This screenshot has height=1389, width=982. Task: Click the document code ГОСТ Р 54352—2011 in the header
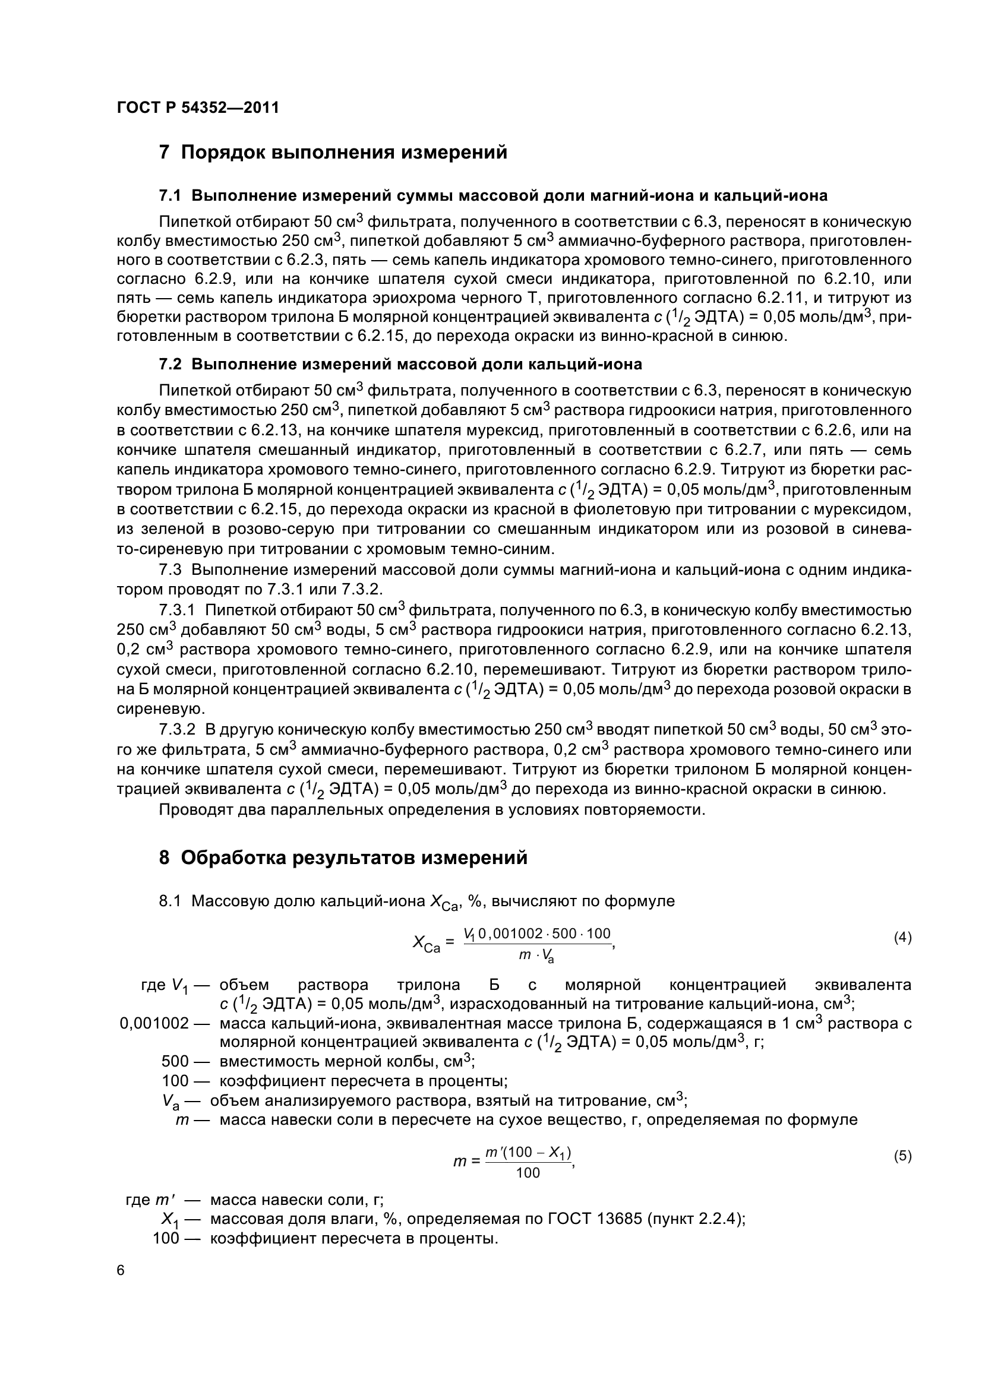click(198, 108)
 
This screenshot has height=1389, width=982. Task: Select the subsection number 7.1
click(170, 196)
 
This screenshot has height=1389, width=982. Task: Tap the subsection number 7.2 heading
click(170, 365)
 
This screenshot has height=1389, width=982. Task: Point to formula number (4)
click(902, 938)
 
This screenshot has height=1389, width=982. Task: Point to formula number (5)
click(902, 1156)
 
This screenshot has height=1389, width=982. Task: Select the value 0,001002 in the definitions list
click(154, 1024)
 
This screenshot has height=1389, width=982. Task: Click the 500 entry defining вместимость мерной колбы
click(175, 1062)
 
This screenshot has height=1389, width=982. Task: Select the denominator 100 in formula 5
click(528, 1173)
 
